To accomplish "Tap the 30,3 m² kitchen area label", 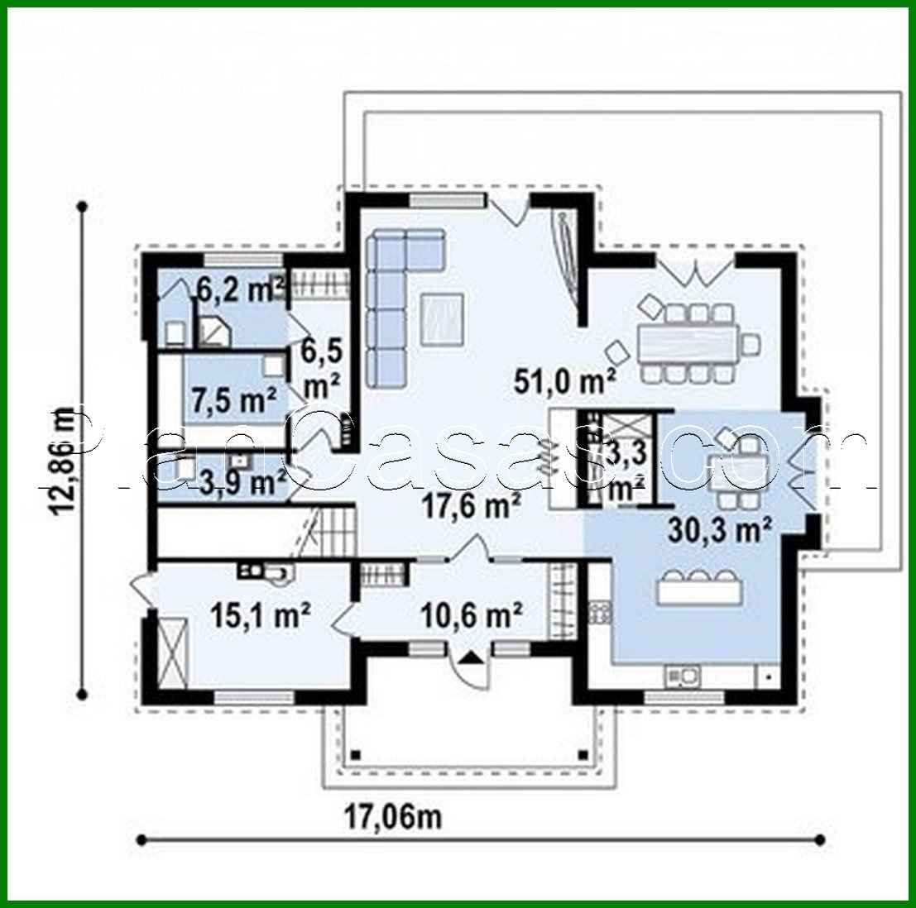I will (719, 528).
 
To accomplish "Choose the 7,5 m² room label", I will (233, 400).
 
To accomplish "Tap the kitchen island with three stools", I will (700, 590).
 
